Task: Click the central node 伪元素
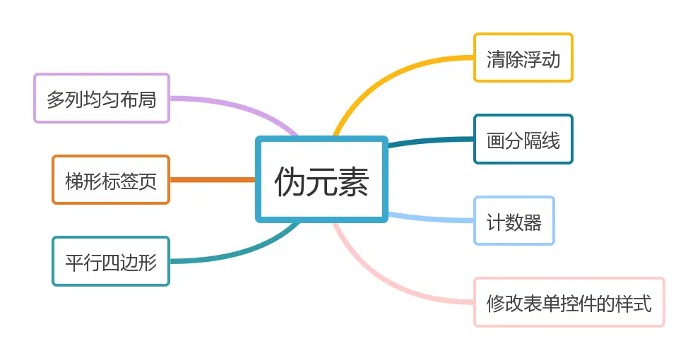tap(321, 179)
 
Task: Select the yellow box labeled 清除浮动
tap(523, 58)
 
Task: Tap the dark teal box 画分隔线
tap(523, 139)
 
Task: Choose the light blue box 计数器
tap(514, 221)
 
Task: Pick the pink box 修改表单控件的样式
tap(569, 302)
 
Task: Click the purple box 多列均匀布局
tap(102, 98)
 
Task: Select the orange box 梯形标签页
tap(111, 180)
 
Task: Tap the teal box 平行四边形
tap(111, 261)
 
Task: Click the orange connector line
tap(213, 180)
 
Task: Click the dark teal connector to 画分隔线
tap(431, 140)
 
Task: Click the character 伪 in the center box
tap(290, 181)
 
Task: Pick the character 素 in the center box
tap(353, 181)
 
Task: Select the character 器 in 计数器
tap(533, 222)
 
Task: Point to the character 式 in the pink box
tap(643, 304)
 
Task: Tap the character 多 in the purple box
tap(56, 99)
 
